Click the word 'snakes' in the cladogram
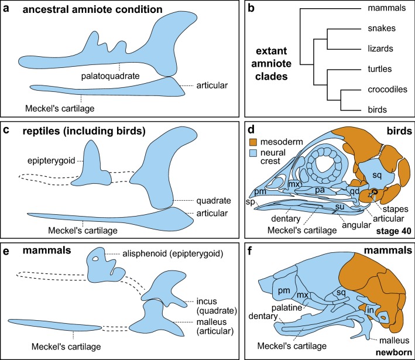(x=382, y=28)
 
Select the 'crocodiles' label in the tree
(x=387, y=90)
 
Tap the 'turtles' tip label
(x=379, y=69)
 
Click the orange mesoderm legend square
(x=253, y=142)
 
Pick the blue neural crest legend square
(x=253, y=153)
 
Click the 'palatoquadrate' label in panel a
(x=110, y=76)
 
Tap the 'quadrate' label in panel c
(x=213, y=201)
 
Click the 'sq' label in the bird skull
(x=377, y=175)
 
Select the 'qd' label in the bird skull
(x=354, y=191)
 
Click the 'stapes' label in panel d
(x=396, y=209)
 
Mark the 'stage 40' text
(x=393, y=231)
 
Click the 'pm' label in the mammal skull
(x=284, y=291)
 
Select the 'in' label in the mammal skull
(x=371, y=310)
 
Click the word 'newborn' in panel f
(x=394, y=352)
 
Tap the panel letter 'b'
(x=251, y=8)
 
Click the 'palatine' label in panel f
(x=287, y=307)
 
